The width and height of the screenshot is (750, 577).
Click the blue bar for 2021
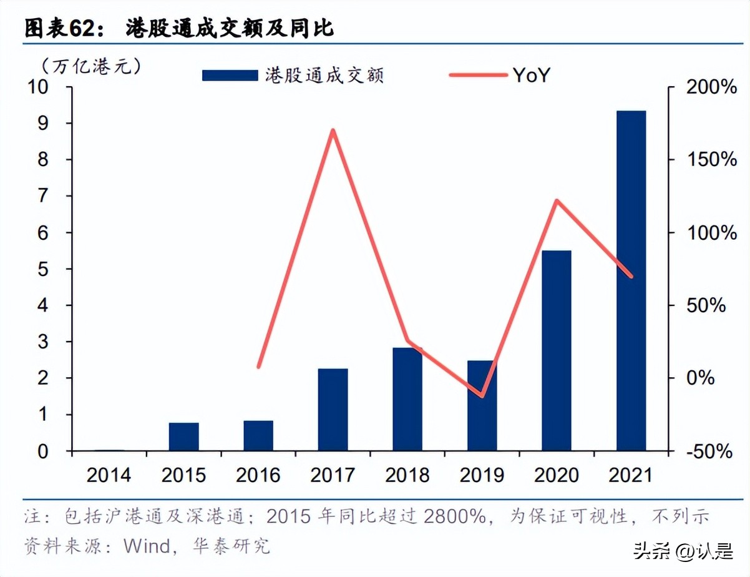tap(631, 280)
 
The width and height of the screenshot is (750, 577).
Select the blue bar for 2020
tap(557, 350)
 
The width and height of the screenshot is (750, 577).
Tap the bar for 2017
tap(333, 410)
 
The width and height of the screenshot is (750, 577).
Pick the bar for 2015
tap(183, 436)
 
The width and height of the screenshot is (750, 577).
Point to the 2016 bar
tap(258, 435)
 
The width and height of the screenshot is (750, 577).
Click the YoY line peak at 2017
tap(333, 131)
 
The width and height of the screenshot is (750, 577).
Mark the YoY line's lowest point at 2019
tap(482, 396)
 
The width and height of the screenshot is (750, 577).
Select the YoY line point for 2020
tap(557, 200)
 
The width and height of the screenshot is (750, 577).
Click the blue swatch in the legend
tap(230, 76)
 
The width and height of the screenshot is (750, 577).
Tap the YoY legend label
tap(531, 76)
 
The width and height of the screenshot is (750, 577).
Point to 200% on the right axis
tap(711, 87)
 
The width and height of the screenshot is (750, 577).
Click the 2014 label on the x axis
tap(109, 475)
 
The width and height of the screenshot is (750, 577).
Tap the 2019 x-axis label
tap(482, 475)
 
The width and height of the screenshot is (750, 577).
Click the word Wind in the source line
tap(146, 546)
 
